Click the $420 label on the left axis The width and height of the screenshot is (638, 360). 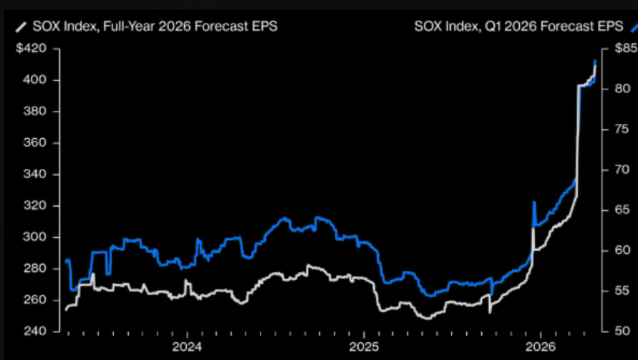pyautogui.click(x=32, y=49)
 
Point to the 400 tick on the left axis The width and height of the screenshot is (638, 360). pyautogui.click(x=34, y=80)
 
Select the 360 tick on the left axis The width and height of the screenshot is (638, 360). pyautogui.click(x=34, y=143)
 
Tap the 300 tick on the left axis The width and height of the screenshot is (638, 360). pyautogui.click(x=34, y=238)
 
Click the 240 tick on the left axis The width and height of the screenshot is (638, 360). pyautogui.click(x=34, y=331)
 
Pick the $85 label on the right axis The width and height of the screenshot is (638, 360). pyautogui.click(x=625, y=49)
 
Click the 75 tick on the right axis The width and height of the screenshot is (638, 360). pyautogui.click(x=622, y=129)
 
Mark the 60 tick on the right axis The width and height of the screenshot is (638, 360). pyautogui.click(x=622, y=250)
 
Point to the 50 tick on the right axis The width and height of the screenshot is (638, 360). pyautogui.click(x=622, y=331)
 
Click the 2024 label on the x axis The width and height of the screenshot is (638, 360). pyautogui.click(x=187, y=349)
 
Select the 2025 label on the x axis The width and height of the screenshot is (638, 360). pyautogui.click(x=363, y=349)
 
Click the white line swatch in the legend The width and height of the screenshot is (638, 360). pyautogui.click(x=21, y=27)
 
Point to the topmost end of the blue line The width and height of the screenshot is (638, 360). pyautogui.click(x=596, y=62)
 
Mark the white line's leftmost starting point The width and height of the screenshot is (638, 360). pyautogui.click(x=66, y=310)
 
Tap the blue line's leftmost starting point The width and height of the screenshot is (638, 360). pyautogui.click(x=66, y=261)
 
